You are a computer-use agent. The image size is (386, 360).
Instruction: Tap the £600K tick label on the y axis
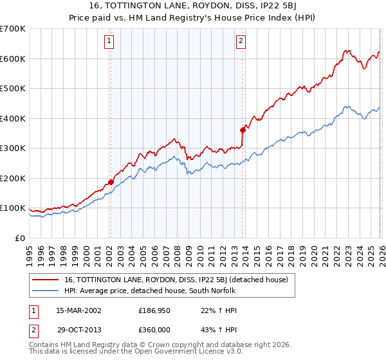[x=13, y=59]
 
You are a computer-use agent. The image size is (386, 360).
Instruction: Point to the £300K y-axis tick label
[x=13, y=148]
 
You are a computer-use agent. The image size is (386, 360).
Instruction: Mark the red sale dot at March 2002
[x=111, y=182]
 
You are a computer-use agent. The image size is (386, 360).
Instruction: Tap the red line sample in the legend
[x=45, y=280]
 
